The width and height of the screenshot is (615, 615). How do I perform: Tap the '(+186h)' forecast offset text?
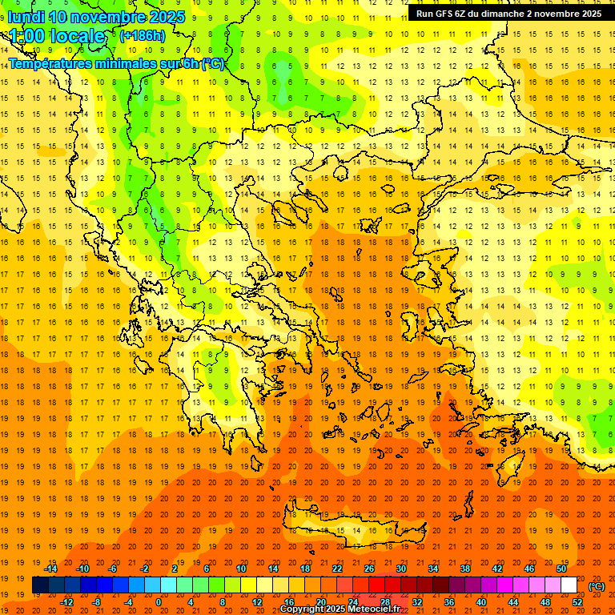(x=142, y=35)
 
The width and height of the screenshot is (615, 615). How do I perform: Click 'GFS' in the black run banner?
(x=448, y=14)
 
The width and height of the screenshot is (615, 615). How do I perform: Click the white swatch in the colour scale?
(x=569, y=585)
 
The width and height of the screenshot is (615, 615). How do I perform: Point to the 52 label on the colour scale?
(x=577, y=602)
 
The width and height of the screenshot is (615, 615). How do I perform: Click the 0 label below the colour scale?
(x=159, y=602)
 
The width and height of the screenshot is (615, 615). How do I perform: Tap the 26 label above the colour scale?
(x=369, y=569)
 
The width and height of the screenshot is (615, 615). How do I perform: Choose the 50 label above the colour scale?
(x=561, y=569)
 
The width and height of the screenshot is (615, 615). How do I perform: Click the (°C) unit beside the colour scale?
(x=596, y=586)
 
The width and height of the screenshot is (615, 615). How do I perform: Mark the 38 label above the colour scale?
(x=465, y=569)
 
